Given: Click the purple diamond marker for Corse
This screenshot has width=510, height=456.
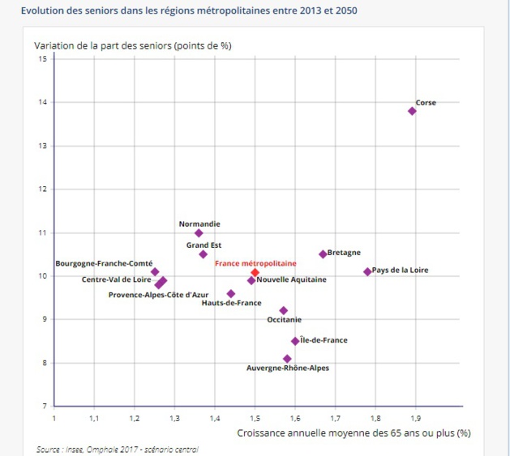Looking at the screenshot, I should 412,111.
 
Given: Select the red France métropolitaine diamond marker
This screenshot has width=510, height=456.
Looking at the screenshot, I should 255,273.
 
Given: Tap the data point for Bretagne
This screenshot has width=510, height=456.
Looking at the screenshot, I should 323,254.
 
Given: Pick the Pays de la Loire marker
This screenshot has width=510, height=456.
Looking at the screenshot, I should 367,271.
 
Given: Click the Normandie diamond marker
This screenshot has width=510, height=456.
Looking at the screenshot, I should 199,232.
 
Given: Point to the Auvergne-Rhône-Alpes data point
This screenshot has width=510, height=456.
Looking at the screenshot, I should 287,358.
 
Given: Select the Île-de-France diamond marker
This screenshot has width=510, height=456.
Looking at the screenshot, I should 295,341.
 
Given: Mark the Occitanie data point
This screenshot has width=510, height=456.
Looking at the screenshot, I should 283,310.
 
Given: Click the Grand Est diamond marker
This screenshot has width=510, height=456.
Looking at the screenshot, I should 203,254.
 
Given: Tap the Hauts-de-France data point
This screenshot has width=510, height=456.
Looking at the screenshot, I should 231,294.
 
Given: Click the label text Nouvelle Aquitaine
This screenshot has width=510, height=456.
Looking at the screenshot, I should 291,279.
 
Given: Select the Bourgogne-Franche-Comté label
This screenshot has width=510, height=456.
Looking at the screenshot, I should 104,263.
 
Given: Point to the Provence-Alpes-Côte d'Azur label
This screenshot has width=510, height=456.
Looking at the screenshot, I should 158,295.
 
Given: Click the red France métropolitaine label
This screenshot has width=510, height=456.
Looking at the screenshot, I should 255,263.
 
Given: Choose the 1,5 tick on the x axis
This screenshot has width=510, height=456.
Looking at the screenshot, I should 255,418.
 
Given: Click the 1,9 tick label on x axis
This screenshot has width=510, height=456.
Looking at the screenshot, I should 415,418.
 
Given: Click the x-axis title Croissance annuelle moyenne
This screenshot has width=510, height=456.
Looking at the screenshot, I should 354,433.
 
